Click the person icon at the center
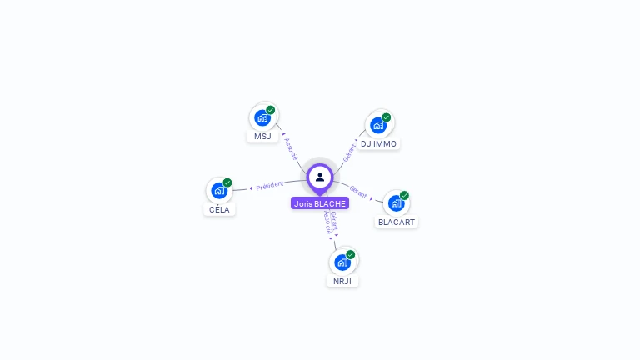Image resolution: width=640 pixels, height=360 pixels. [320, 177]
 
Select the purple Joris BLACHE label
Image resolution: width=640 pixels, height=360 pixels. [320, 203]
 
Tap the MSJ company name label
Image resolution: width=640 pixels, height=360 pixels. [262, 136]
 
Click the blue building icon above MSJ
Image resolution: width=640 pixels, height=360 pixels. [262, 117]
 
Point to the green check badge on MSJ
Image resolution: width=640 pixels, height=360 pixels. [271, 110]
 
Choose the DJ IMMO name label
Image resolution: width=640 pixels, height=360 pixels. [378, 143]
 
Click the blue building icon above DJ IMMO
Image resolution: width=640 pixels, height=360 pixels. [378, 125]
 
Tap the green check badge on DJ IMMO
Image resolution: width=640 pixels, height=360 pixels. [387, 117]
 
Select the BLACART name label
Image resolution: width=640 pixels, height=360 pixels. [397, 222]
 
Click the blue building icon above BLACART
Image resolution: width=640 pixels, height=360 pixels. [396, 203]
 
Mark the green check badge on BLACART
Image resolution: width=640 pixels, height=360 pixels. [404, 196]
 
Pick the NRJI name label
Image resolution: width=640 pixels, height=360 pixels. [342, 281]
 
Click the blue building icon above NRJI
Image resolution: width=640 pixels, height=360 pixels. [342, 262]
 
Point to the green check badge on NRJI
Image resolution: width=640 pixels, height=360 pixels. [351, 255]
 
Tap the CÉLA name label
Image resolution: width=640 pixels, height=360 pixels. [220, 209]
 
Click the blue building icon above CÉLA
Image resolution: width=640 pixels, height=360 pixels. [219, 191]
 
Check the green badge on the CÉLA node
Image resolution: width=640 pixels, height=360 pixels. [227, 183]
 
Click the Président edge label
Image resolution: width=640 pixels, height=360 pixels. [270, 186]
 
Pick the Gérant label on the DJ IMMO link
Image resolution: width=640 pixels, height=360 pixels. [349, 152]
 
